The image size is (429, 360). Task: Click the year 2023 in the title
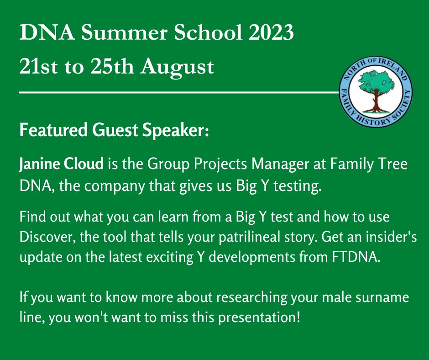tap(271, 32)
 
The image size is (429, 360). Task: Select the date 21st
tap(39, 66)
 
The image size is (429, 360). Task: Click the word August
tap(177, 68)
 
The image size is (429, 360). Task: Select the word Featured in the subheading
tap(54, 130)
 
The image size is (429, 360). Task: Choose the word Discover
tap(47, 237)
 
